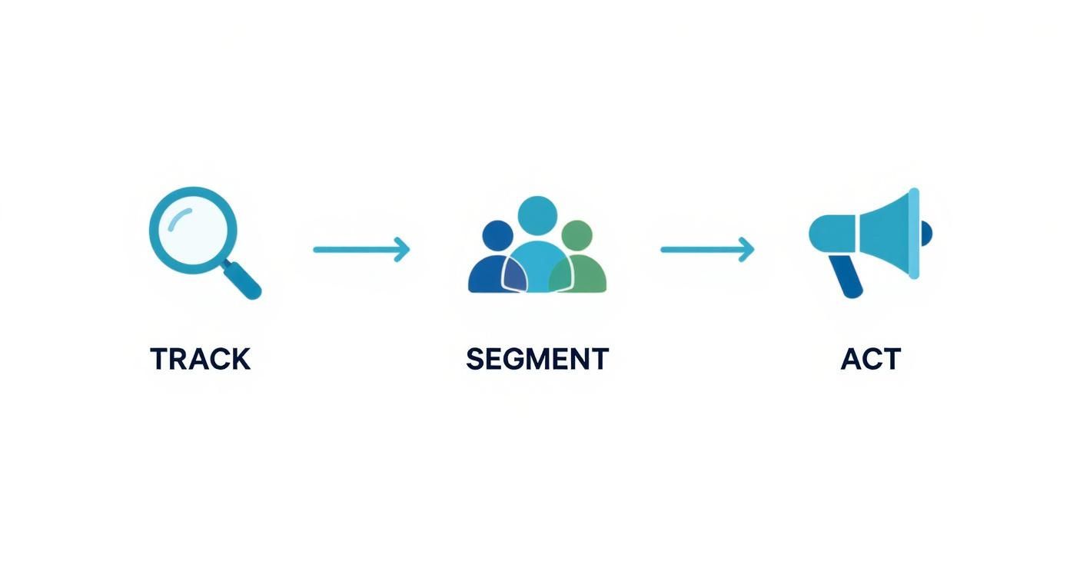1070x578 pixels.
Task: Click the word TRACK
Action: pyautogui.click(x=200, y=359)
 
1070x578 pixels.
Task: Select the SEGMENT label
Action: pyautogui.click(x=537, y=359)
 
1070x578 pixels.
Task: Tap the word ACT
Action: pyautogui.click(x=870, y=359)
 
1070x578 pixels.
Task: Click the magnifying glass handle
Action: pyautogui.click(x=243, y=280)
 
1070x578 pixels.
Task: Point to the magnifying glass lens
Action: pyautogui.click(x=192, y=229)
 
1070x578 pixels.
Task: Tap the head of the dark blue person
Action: pyautogui.click(x=497, y=235)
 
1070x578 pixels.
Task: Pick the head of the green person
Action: pyautogui.click(x=577, y=235)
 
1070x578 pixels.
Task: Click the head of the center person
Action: pyautogui.click(x=537, y=215)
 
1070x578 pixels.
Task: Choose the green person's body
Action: pyautogui.click(x=586, y=275)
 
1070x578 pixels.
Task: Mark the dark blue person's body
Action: pyautogui.click(x=484, y=275)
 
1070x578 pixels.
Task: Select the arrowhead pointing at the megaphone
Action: pyautogui.click(x=746, y=249)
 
